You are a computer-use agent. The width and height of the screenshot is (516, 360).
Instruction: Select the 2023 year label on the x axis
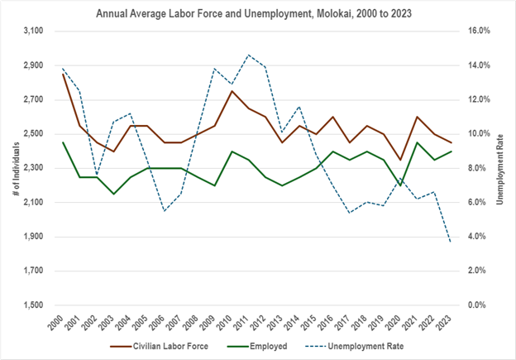click(x=449, y=323)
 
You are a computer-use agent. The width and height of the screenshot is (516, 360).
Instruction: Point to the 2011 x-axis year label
click(x=246, y=323)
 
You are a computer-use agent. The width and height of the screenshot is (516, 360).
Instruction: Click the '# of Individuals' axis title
click(x=11, y=168)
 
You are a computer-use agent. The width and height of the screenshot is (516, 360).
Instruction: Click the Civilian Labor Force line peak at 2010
click(x=232, y=91)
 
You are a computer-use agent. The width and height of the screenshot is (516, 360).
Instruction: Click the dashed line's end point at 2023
click(x=451, y=242)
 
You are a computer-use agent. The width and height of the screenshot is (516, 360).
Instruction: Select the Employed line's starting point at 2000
click(x=63, y=142)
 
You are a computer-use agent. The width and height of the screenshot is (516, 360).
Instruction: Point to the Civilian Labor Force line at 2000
click(x=63, y=74)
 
